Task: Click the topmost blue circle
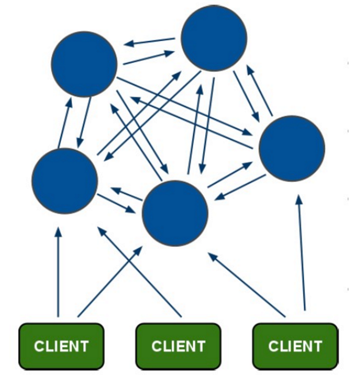214,38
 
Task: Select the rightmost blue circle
292,149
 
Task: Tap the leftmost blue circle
65,181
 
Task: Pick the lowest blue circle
175,213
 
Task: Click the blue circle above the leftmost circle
84,64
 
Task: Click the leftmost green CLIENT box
62,346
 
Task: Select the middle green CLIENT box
178,346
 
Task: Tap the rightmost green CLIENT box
295,346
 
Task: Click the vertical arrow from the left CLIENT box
58,272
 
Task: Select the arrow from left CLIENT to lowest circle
110,282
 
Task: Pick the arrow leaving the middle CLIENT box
140,272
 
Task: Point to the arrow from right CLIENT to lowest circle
246,285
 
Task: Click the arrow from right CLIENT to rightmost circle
301,253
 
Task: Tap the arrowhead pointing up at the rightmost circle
299,199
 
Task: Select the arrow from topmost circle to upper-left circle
149,41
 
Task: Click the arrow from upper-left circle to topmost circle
149,57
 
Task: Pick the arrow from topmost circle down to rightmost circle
246,96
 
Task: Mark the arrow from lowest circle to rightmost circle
230,175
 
